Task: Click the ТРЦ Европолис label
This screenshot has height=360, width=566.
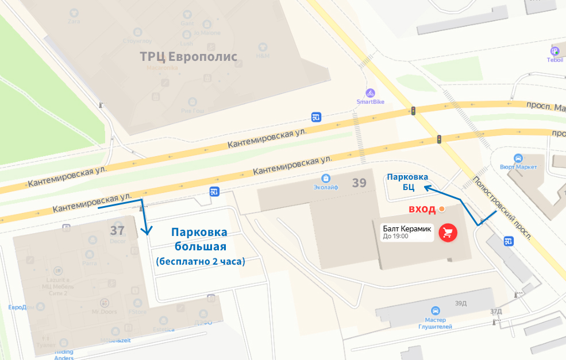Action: coord(189,56)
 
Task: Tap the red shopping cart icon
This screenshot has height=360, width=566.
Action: coord(448,233)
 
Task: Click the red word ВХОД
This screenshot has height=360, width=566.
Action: coord(422,209)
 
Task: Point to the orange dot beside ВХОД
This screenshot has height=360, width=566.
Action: coord(441,209)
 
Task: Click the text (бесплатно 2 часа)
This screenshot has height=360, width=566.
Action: coord(200,261)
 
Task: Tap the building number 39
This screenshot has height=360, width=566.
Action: coord(359,183)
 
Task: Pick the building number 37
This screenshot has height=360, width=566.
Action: coord(117,230)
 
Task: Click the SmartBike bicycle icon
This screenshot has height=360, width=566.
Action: coord(370,93)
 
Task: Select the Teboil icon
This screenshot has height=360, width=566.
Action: coord(555,51)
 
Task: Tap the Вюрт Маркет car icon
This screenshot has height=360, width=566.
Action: coord(518,158)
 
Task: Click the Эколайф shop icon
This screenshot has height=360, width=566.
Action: coord(326,178)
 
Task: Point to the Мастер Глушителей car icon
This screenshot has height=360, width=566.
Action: coord(436,310)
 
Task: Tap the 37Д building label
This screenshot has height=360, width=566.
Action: coord(496,311)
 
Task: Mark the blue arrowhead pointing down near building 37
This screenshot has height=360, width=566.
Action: coord(147,233)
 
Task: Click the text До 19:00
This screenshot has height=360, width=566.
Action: coord(396,236)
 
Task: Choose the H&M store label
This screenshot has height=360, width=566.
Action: coord(263,56)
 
